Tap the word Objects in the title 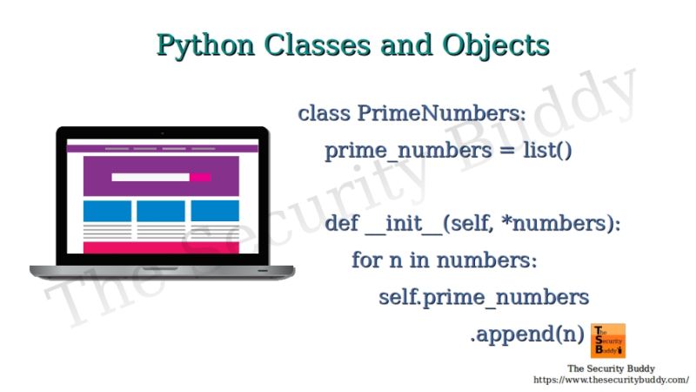[500, 44]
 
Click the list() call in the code [547, 151]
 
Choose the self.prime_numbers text [484, 297]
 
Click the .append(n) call [526, 334]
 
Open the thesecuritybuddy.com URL [611, 380]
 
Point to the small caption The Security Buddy [611, 368]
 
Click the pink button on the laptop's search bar [201, 177]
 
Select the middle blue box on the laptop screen [161, 211]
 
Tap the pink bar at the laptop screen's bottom [161, 248]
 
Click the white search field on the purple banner [151, 177]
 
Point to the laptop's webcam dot [162, 133]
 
